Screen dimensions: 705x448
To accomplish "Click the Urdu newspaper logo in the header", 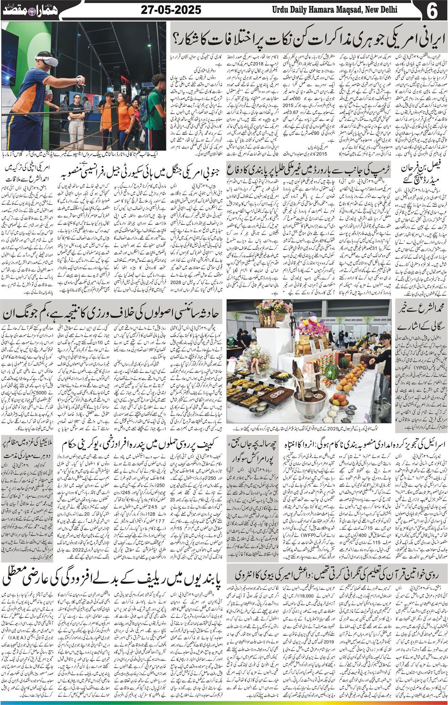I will (x=31, y=10).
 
